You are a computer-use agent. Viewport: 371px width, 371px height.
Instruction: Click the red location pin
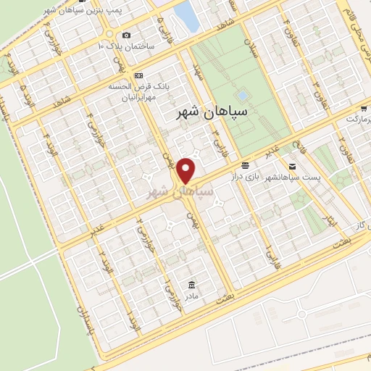(186, 170)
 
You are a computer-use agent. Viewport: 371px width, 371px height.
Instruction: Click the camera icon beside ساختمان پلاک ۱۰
(127, 35)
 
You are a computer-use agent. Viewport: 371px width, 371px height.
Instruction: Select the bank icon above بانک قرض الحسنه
(138, 75)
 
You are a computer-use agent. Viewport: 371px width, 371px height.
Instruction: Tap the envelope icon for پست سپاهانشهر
(292, 167)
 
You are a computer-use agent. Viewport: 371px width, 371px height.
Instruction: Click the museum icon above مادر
(191, 283)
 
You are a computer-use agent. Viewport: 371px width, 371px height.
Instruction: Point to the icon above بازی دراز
(246, 165)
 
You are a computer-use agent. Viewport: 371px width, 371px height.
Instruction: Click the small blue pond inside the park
(242, 95)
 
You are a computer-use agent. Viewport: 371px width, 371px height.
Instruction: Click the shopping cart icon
(348, 117)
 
